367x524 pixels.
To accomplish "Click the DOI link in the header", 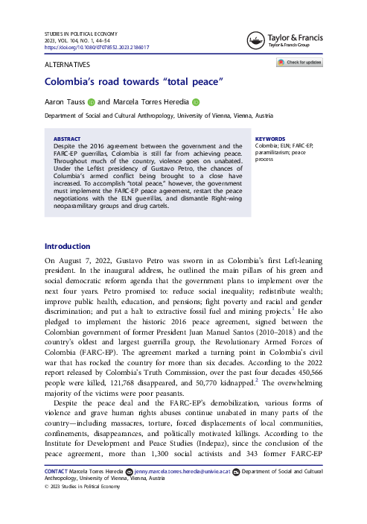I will pyautogui.click(x=97, y=47).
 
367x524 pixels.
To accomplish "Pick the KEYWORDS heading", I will pyautogui.click(x=269, y=139).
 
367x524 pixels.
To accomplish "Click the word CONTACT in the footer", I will pyautogui.click(x=57, y=472).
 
